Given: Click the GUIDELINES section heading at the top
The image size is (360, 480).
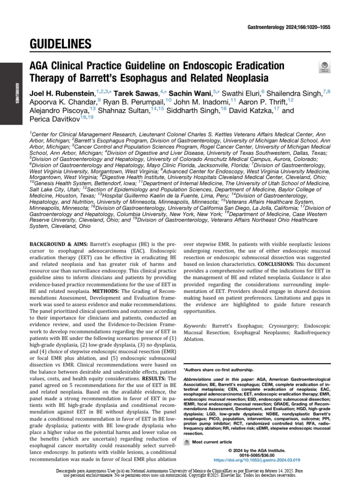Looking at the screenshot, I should (61, 45).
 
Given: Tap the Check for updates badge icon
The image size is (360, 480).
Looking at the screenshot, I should (323, 67).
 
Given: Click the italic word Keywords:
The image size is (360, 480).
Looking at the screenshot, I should (195, 325).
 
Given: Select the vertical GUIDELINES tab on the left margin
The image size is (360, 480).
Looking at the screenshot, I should (17, 93).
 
